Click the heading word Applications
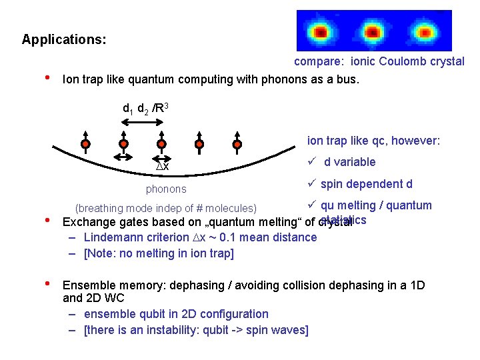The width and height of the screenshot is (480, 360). point(63,39)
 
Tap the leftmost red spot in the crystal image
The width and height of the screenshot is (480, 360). point(321,31)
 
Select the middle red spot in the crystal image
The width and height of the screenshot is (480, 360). point(371,31)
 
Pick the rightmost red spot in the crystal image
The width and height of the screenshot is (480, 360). point(423,31)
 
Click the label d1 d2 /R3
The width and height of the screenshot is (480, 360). point(149,107)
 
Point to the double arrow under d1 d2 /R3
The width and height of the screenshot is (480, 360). point(142,122)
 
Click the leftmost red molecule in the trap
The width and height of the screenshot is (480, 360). point(85,143)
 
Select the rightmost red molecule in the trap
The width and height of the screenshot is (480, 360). point(237,143)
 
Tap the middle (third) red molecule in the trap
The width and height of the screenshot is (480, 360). point(161,143)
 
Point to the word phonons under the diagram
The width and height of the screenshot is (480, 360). point(166,189)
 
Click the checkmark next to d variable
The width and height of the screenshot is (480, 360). point(311,162)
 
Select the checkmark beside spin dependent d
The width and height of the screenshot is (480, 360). point(311,184)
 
